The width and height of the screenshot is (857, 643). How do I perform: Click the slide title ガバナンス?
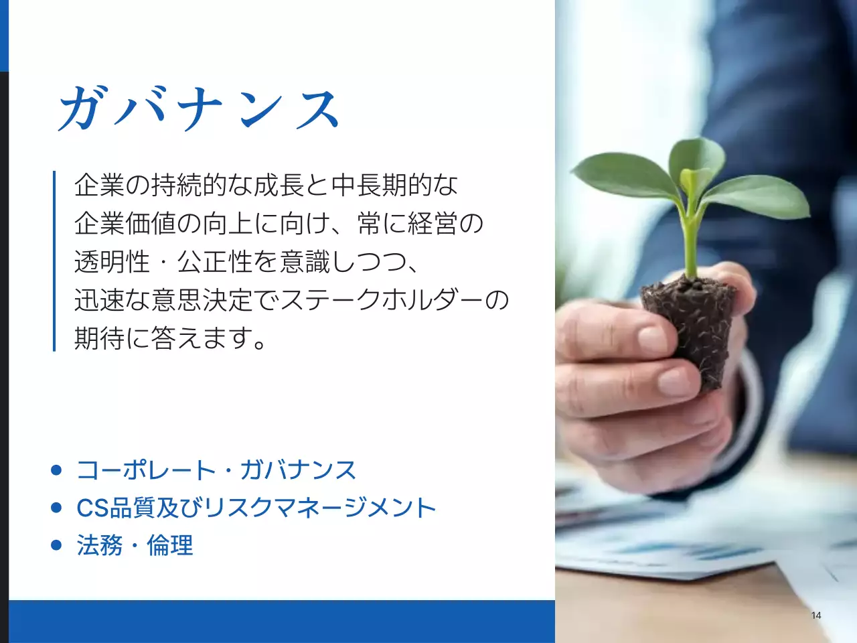tap(200, 109)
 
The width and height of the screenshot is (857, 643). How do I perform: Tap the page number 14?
tap(815, 616)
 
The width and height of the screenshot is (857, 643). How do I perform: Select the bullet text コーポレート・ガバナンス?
tap(216, 470)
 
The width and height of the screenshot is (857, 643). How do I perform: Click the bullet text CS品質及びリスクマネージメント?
tap(256, 508)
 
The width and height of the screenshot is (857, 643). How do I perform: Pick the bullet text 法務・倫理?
tap(135, 545)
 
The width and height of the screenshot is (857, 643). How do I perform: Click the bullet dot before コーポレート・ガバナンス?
tap(56, 470)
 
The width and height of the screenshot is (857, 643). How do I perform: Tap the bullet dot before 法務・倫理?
tap(56, 545)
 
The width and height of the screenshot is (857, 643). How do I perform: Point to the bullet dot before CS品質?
tap(56, 508)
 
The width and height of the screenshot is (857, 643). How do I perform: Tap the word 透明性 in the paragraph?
tap(112, 262)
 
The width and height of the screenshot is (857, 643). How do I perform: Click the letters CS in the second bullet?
tap(92, 508)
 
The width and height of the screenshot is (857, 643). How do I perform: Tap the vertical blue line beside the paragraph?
tap(54, 261)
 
